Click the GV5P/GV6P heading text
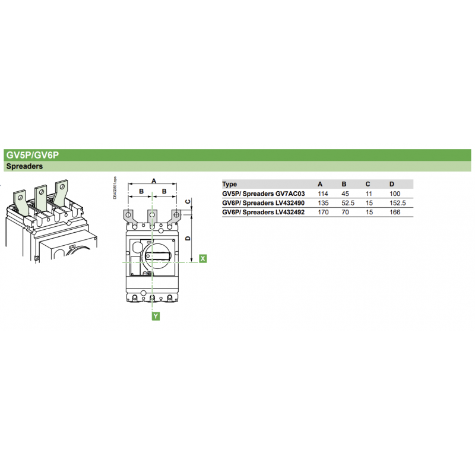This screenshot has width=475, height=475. point(33,155)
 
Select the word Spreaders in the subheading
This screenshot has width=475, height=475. point(24,166)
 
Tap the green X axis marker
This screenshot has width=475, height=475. point(202,258)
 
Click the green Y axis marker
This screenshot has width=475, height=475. point(156,316)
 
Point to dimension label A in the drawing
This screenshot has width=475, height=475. point(154,181)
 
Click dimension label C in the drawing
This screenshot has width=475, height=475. point(188,202)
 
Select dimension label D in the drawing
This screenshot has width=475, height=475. point(188,239)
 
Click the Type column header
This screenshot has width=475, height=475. point(229,184)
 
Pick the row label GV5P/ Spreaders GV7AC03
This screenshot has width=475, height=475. point(263,194)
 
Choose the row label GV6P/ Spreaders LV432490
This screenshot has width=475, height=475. point(263,203)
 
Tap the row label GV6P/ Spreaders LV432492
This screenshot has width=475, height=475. point(263,212)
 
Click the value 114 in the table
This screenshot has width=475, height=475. point(323,194)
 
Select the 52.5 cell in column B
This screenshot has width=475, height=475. point(348,203)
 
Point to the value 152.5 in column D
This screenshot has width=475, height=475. point(397,203)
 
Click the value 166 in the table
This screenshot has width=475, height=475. point(395,212)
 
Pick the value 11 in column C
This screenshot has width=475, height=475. point(369,194)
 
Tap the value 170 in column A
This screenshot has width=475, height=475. point(323,212)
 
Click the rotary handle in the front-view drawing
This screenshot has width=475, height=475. point(157,255)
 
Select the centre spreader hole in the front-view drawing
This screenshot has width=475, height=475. point(153,215)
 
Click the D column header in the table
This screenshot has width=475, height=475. point(392,184)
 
